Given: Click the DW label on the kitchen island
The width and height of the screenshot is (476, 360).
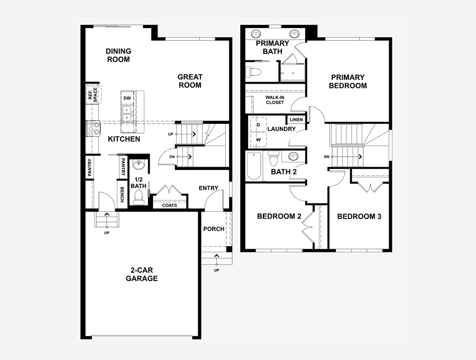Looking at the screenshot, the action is [x=127, y=98].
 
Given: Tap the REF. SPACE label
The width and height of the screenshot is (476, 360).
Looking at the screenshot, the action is [x=93, y=95].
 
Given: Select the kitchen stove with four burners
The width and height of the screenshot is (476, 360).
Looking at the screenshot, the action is [x=94, y=128].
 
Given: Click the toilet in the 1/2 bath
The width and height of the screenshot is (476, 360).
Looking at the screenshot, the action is [x=139, y=197].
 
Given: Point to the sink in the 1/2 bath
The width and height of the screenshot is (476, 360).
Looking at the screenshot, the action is [x=139, y=166].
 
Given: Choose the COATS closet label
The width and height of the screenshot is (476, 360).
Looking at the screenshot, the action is [x=169, y=205].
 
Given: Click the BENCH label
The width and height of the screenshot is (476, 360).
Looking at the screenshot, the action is [x=122, y=194].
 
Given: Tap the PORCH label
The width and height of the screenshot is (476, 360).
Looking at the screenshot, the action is [x=214, y=229].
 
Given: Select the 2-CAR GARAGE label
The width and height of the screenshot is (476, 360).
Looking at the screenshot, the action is [x=142, y=274].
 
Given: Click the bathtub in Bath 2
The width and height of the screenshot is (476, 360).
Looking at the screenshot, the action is [x=254, y=166].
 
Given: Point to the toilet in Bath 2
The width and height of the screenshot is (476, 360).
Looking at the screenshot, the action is [x=274, y=158].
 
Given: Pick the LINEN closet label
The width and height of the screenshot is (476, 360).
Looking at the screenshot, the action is [x=296, y=120].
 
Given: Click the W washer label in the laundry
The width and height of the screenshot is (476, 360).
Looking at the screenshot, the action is [x=258, y=140].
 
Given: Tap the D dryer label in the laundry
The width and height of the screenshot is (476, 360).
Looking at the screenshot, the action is [x=258, y=125].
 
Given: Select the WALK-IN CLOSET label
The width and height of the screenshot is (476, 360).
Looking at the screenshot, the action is [x=274, y=100].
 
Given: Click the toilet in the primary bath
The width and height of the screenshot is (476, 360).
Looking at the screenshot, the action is [x=254, y=72].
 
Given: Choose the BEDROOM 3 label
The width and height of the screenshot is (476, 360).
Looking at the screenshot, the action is [x=359, y=217].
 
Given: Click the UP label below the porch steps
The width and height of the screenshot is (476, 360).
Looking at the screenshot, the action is [x=216, y=271].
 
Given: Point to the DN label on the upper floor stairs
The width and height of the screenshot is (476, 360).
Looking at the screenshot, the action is [x=327, y=157].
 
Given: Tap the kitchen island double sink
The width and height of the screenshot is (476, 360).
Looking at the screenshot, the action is [x=126, y=113].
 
